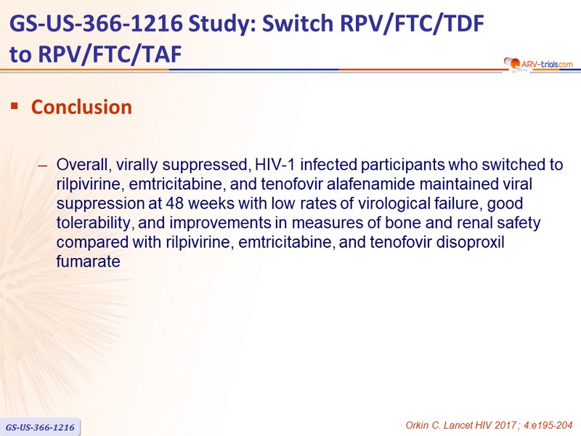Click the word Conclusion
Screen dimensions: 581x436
click(x=81, y=107)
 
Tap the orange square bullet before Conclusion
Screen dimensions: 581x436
click(x=15, y=106)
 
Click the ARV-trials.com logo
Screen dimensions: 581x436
click(x=538, y=64)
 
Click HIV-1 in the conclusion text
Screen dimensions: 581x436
click(x=275, y=165)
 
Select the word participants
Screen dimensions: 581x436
click(x=402, y=166)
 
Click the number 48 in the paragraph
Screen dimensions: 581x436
click(x=174, y=203)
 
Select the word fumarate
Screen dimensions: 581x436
click(x=88, y=262)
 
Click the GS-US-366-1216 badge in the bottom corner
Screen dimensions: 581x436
click(x=40, y=427)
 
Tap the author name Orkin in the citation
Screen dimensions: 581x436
click(x=417, y=425)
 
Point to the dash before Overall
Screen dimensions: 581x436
click(x=43, y=166)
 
